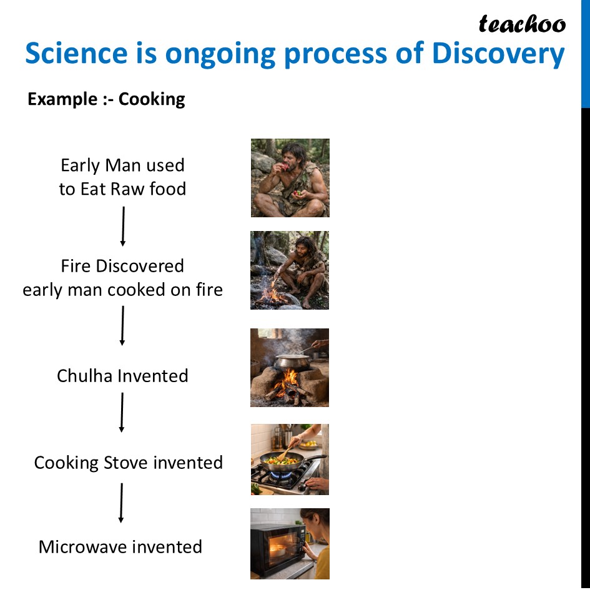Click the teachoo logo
pos(522,24)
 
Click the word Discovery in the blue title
pos(498,54)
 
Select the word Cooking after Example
pos(152,99)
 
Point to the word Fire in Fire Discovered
pos(75,266)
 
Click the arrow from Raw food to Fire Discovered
pos(123,226)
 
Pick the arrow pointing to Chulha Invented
pos(122,325)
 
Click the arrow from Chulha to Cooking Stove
pos(122,412)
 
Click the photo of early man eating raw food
pos(290,178)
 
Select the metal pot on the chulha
pos(292,361)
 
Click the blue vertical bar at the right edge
pos(586,54)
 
